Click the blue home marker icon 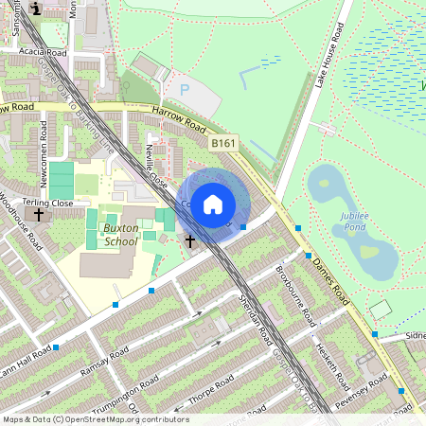[213, 204]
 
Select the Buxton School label [120, 235]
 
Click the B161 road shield [222, 143]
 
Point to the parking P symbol [185, 90]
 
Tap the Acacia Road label [44, 52]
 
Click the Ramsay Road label [104, 359]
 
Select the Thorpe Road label [209, 390]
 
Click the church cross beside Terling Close [39, 216]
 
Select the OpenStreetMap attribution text [96, 418]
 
